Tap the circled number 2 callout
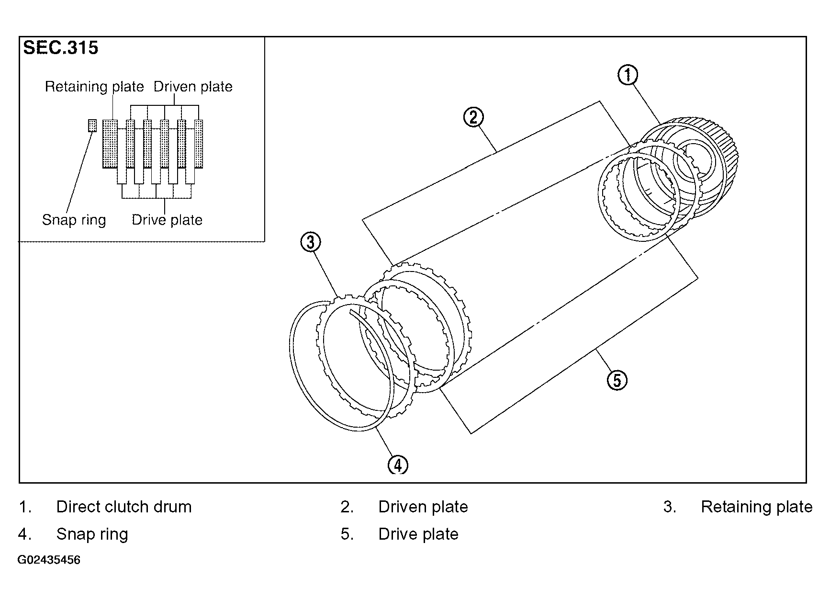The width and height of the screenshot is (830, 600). click(x=473, y=117)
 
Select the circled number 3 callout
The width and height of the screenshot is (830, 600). click(x=310, y=242)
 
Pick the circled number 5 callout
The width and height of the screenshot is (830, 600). click(x=617, y=380)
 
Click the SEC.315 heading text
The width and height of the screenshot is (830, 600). click(x=61, y=48)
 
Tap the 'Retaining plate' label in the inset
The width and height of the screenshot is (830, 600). click(x=94, y=87)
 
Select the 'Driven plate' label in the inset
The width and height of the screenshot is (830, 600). click(x=193, y=87)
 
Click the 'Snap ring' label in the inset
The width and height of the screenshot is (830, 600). click(x=74, y=220)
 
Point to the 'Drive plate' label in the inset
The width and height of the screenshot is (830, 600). click(x=167, y=220)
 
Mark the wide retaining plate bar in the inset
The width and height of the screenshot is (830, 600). click(x=110, y=144)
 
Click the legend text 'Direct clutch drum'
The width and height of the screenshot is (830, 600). click(x=124, y=507)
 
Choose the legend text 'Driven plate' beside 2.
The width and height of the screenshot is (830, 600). click(x=423, y=507)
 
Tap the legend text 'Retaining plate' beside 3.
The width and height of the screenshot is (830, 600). click(x=757, y=507)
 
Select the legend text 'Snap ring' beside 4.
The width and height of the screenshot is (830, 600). click(x=92, y=534)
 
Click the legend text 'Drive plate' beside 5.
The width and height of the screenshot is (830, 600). click(x=418, y=534)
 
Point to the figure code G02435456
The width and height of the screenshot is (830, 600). click(x=49, y=560)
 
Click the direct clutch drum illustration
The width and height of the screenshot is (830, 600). click(x=689, y=168)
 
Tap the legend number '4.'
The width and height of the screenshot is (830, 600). click(x=25, y=534)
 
